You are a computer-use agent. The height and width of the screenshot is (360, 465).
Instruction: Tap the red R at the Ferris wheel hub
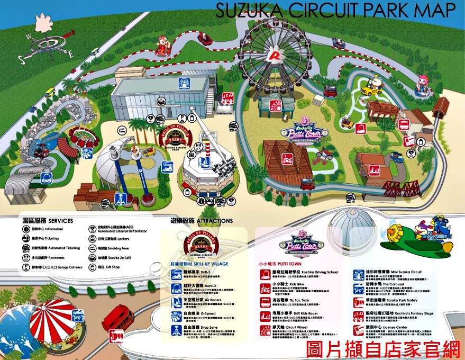coord(274,54)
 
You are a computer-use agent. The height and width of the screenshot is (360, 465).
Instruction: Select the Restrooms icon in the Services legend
coord(26,258)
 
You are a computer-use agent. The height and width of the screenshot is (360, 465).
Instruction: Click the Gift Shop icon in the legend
coord(93,267)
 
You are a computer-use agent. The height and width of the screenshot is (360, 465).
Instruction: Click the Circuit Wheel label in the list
coord(297,328)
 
